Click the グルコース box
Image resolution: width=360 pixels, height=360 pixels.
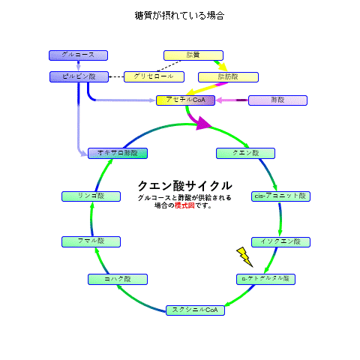pyautogui.click(x=78, y=55)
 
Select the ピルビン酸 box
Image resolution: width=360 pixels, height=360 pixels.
pyautogui.click(x=78, y=76)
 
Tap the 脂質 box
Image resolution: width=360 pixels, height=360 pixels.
pyautogui.click(x=193, y=55)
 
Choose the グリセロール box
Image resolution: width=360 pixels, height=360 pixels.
pyautogui.click(x=154, y=76)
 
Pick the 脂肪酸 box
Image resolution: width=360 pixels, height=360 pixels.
pyautogui.click(x=228, y=77)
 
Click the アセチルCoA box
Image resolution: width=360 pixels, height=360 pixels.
pyautogui.click(x=186, y=100)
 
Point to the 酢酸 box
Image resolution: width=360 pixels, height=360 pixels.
pyautogui.click(x=277, y=100)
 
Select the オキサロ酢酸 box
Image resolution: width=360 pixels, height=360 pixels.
pyautogui.click(x=118, y=153)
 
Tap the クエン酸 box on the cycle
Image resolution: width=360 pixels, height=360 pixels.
pyautogui.click(x=245, y=153)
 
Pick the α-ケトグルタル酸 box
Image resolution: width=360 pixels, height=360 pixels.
pyautogui.click(x=266, y=279)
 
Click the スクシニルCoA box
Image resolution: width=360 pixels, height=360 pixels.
pyautogui.click(x=194, y=310)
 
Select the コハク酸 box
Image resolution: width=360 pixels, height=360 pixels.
pyautogui.click(x=118, y=279)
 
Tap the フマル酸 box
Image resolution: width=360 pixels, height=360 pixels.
pyautogui.click(x=91, y=241)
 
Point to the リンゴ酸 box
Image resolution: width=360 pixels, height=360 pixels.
pyautogui.click(x=91, y=196)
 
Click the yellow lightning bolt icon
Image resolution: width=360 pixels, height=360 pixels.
pyautogui.click(x=244, y=256)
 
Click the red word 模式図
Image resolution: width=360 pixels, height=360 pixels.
pyautogui.click(x=184, y=205)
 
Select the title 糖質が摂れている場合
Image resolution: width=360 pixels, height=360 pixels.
pyautogui.click(x=180, y=16)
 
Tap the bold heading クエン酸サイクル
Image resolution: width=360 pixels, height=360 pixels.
pyautogui.click(x=184, y=186)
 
